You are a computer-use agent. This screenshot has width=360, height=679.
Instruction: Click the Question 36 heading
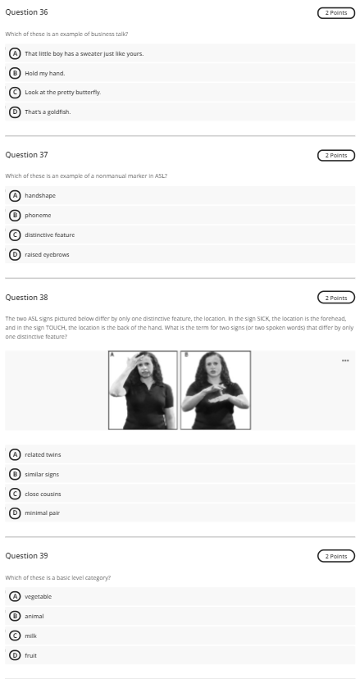26,12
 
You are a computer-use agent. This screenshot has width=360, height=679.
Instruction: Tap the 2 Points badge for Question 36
335,13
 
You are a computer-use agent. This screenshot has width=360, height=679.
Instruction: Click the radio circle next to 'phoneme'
14,216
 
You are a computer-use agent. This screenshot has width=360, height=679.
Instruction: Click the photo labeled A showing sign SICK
144,390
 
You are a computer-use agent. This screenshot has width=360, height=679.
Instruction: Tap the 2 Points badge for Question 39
335,556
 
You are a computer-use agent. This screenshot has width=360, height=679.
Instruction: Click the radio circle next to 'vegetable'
14,596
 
